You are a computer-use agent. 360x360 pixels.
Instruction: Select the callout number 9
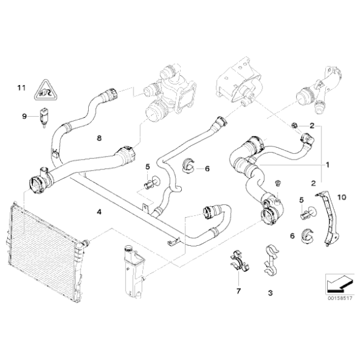point(24,115)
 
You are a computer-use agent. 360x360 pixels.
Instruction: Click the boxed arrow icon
point(337,284)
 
